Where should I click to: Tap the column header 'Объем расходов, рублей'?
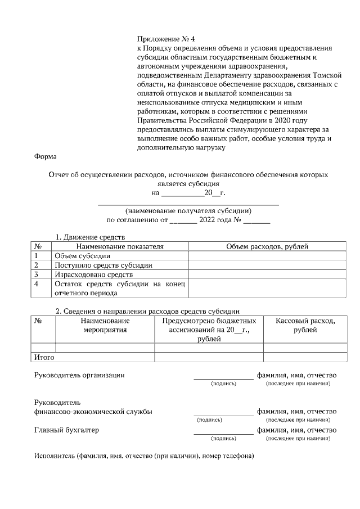pos(267,246)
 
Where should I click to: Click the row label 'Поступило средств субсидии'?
pos(103,265)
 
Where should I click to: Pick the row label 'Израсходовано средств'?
pos(93,274)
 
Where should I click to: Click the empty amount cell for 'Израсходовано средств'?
pos(267,274)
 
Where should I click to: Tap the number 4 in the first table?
pos(37,284)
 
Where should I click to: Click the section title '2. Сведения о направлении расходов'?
pos(147,310)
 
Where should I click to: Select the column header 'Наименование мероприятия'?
pos(105,325)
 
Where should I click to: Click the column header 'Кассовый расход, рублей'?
pos(305,325)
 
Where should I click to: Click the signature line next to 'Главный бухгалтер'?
pos(223,434)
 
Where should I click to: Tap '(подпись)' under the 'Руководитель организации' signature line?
pos(223,384)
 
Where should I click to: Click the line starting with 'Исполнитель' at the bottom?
pos(144,456)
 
